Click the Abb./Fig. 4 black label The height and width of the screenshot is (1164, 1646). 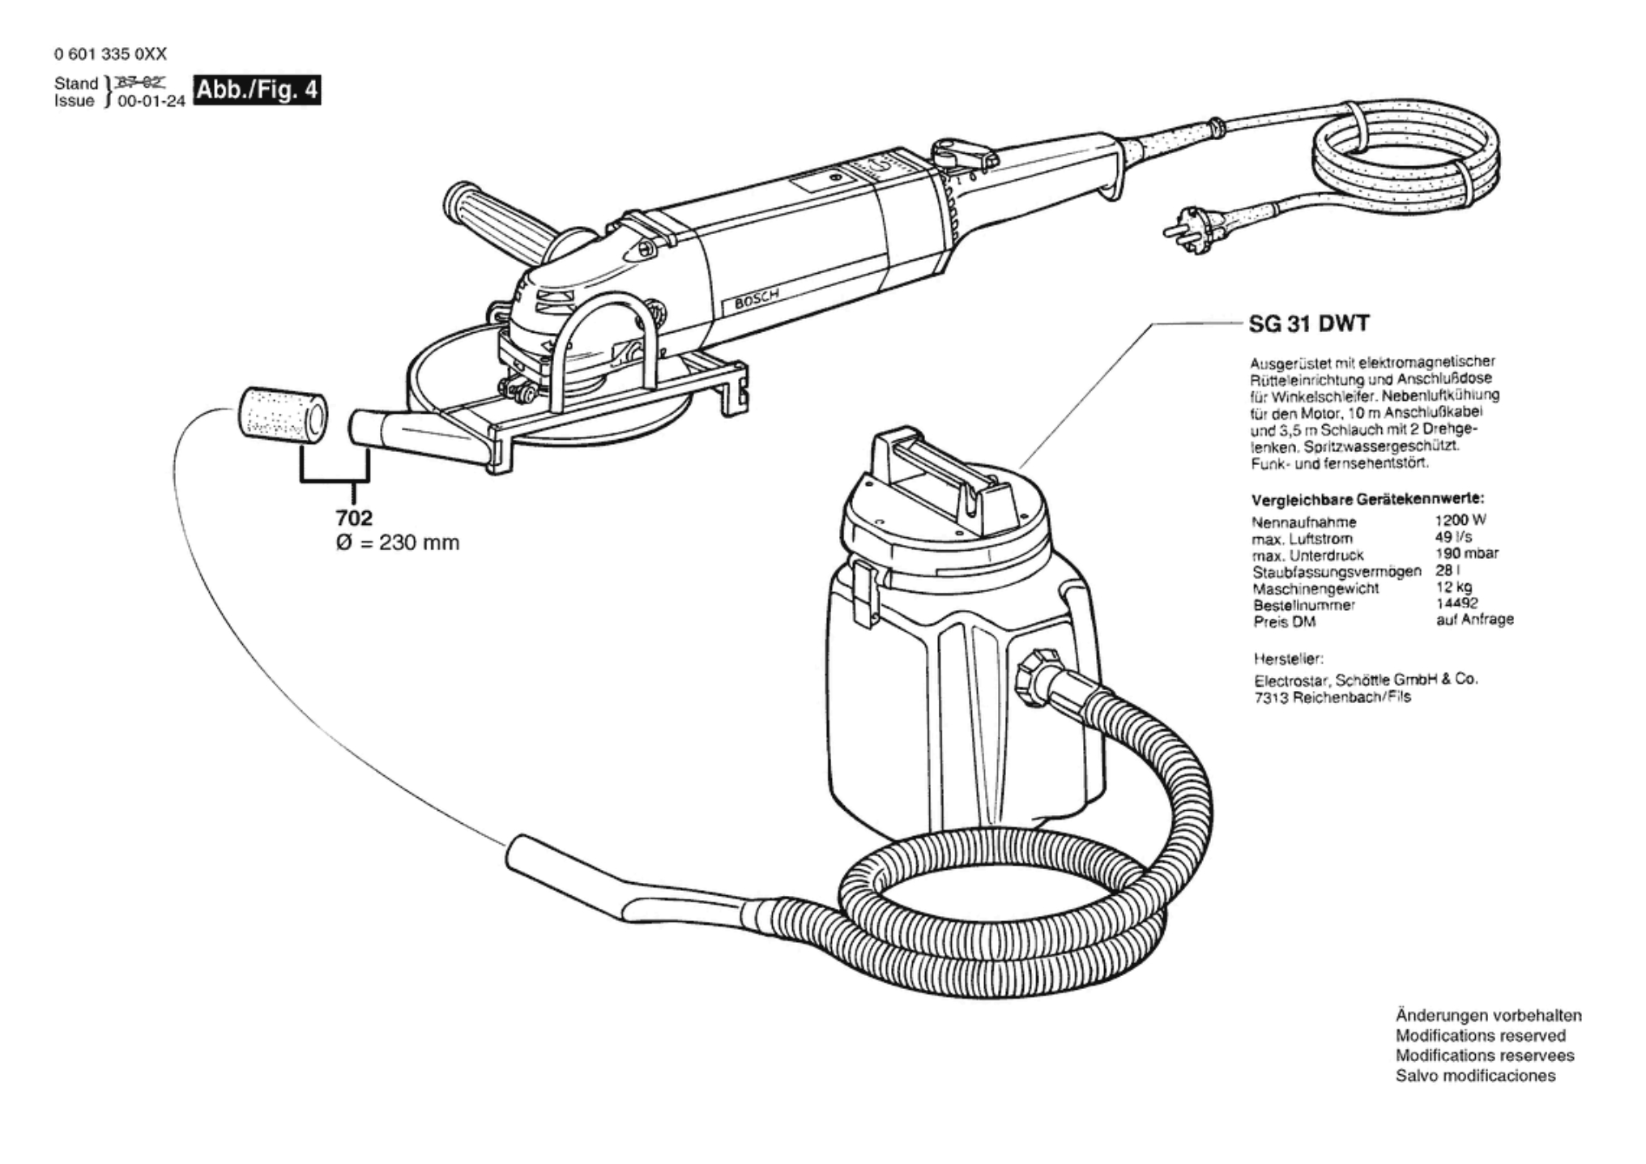257,91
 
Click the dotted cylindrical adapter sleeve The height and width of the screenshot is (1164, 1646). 283,418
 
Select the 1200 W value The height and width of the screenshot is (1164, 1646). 1460,521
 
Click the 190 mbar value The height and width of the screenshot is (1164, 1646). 1465,554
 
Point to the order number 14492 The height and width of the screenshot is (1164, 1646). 1456,603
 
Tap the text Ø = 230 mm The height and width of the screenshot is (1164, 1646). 398,543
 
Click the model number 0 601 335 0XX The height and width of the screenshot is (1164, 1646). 110,54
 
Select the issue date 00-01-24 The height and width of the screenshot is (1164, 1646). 151,102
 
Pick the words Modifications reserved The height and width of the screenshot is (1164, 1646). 1480,1036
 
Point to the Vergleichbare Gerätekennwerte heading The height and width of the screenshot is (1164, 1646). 1367,499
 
